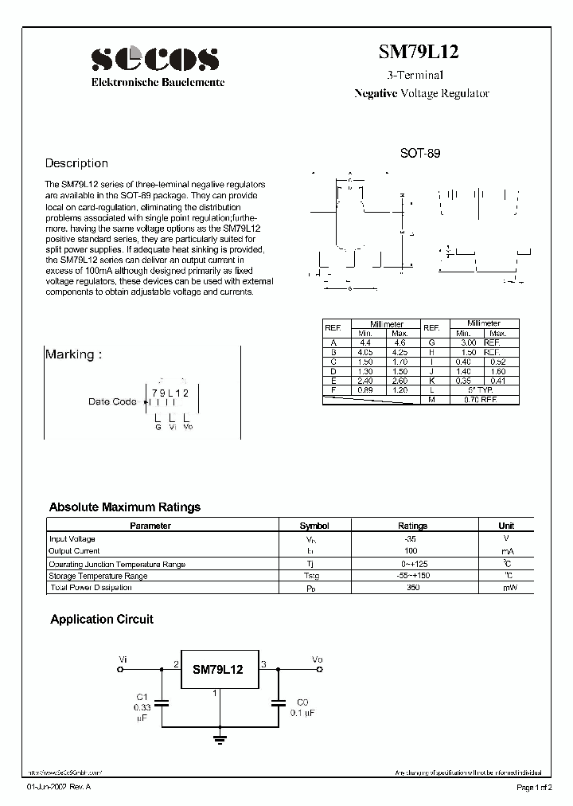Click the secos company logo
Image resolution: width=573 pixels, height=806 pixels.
[x=154, y=58]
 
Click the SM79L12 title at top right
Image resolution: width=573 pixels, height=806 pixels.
[x=417, y=53]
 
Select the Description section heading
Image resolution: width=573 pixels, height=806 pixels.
[x=76, y=163]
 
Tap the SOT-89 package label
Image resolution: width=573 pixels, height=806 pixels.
[x=419, y=155]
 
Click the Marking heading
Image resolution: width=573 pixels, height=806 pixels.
[x=73, y=354]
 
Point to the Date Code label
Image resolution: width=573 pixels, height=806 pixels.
[x=112, y=402]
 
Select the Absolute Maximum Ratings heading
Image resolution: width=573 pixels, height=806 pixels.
[x=124, y=507]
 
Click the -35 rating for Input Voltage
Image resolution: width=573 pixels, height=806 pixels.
[x=411, y=539]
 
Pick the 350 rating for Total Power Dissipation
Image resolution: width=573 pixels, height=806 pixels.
[x=411, y=588]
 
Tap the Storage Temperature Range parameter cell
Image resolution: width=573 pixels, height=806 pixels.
[x=98, y=576]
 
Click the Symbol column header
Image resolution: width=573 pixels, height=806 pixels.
[x=314, y=526]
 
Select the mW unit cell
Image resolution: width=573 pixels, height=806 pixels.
[x=506, y=588]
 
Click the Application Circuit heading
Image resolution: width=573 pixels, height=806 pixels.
[x=102, y=619]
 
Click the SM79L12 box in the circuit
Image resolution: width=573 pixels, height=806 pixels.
[x=217, y=671]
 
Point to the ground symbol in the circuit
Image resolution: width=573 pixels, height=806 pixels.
[x=219, y=738]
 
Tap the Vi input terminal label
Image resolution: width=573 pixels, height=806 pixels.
[x=122, y=659]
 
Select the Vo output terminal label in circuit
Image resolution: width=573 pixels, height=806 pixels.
[x=318, y=659]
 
